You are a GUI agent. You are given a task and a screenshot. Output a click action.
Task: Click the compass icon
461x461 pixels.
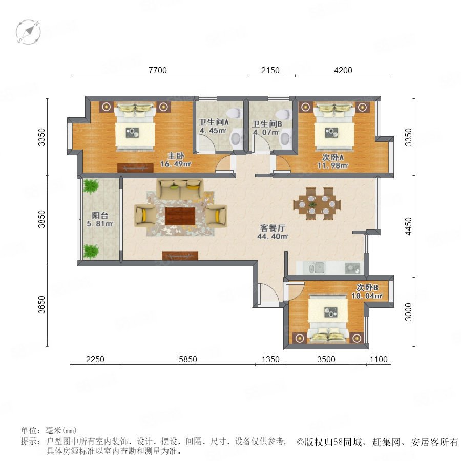coord(28,32)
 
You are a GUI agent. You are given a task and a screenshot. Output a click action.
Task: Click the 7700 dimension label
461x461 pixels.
coord(158,70)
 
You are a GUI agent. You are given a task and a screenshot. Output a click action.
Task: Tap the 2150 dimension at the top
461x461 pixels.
coord(270,70)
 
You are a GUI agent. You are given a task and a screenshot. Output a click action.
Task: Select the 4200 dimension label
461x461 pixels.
coord(343,70)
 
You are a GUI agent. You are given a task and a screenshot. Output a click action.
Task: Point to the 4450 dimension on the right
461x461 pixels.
coord(408,226)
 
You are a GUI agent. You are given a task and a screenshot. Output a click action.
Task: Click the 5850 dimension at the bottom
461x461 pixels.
coord(188,359)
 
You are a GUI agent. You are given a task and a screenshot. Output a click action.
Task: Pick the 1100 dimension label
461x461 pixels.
coord(379,359)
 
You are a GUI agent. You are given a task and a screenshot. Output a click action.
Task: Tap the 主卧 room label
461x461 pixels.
coord(176,156)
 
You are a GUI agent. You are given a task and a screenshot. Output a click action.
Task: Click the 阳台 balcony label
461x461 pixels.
coord(100,215)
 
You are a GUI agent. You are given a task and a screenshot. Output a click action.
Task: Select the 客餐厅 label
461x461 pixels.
coord(273,228)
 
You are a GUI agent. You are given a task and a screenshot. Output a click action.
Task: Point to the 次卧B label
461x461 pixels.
coord(367,287)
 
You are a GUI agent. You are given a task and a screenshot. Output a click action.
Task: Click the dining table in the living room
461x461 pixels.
coord(317,204)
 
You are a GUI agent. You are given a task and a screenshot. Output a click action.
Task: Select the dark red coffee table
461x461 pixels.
coord(180,216)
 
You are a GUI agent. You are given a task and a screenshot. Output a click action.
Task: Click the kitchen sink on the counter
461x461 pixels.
coord(317,267)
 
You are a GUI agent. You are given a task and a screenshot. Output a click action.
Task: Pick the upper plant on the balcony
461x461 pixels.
coord(91,186)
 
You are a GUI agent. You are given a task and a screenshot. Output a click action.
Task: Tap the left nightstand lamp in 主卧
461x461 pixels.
coord(107,107)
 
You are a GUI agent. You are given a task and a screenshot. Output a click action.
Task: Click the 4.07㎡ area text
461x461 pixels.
coord(266,132)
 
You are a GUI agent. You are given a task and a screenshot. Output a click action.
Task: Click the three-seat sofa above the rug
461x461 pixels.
coord(180,189)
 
